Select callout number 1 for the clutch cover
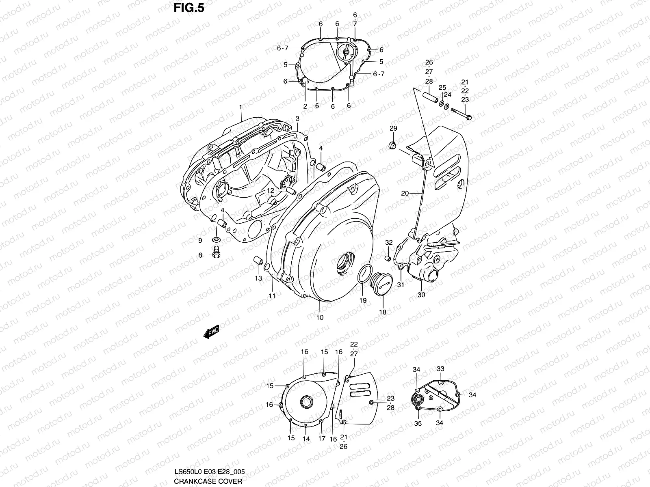click(x=240, y=107)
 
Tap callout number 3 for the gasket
click(x=297, y=119)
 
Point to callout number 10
click(x=320, y=317)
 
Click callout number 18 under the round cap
click(x=383, y=312)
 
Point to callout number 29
click(x=393, y=129)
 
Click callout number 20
click(x=405, y=194)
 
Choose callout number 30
click(x=421, y=295)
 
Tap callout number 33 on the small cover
click(x=440, y=369)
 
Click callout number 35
click(x=418, y=423)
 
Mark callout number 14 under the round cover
click(x=306, y=439)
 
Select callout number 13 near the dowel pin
click(x=258, y=278)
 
